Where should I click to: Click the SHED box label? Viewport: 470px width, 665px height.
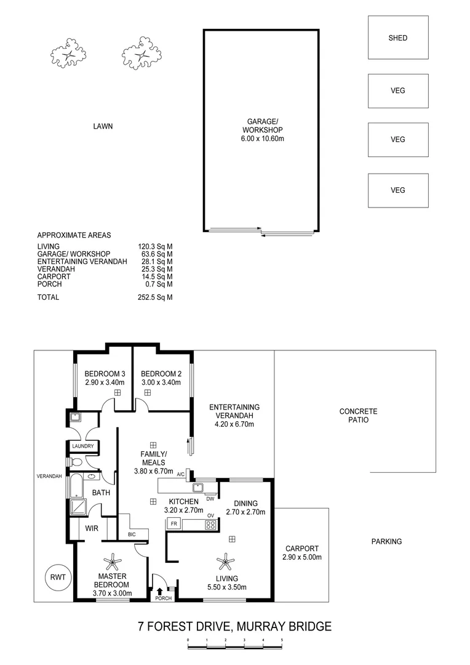(398, 38)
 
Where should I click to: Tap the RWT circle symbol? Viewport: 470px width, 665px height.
(59, 577)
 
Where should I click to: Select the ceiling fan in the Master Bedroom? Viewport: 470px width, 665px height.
(113, 561)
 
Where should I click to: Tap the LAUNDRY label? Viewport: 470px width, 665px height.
(82, 446)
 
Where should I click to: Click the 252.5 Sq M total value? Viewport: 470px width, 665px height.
(155, 297)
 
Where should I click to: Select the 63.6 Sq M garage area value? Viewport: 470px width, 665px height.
(155, 254)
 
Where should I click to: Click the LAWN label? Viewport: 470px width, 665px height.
(103, 126)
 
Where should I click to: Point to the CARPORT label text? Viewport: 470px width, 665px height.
(301, 549)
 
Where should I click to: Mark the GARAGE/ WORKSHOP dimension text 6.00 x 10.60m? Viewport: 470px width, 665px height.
(262, 139)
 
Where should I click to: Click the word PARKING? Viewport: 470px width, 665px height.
(386, 542)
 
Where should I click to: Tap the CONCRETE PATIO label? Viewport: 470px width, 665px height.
(358, 416)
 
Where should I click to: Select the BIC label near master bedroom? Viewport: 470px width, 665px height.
(132, 534)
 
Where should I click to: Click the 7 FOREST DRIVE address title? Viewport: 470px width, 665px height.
(234, 627)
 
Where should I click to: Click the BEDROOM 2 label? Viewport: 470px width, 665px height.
(161, 374)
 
